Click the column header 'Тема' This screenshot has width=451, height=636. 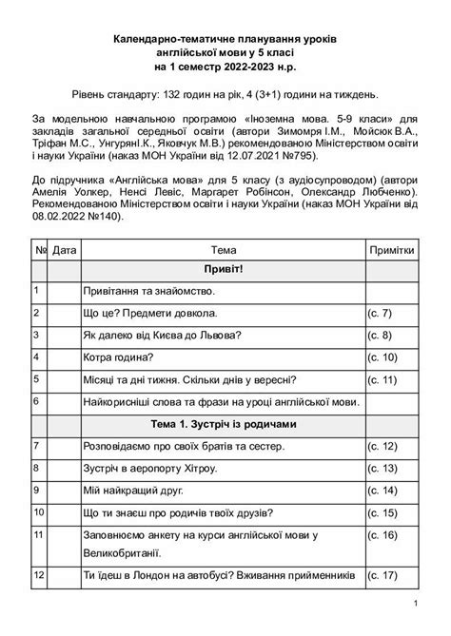(225, 249)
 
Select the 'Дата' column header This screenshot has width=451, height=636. (65, 249)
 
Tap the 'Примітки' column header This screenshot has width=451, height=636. (391, 249)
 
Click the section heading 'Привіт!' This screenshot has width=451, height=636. (225, 271)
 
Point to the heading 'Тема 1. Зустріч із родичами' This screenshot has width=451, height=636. (225, 423)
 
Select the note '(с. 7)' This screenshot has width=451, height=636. (381, 313)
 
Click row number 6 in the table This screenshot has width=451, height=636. (36, 401)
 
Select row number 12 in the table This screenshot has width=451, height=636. (38, 575)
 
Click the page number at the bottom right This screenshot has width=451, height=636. (417, 606)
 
